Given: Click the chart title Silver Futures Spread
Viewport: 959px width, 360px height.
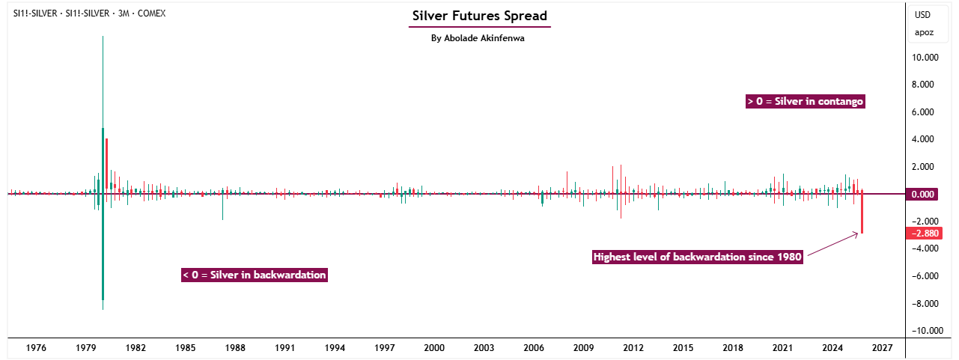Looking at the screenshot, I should click(x=479, y=16).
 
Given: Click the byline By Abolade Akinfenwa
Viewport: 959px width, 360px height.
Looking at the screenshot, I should click(x=478, y=38).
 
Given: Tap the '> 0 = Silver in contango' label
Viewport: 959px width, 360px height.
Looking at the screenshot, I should click(x=805, y=101).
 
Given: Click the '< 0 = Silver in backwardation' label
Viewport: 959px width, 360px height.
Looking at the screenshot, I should click(x=255, y=275).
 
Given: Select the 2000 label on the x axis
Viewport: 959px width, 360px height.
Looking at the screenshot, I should click(x=434, y=348).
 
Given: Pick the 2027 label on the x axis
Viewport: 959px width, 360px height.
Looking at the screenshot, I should click(x=882, y=348).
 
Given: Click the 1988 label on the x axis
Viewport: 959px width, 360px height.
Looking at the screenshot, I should click(x=235, y=348).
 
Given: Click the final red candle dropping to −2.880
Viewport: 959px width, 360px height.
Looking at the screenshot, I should click(x=862, y=213).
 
